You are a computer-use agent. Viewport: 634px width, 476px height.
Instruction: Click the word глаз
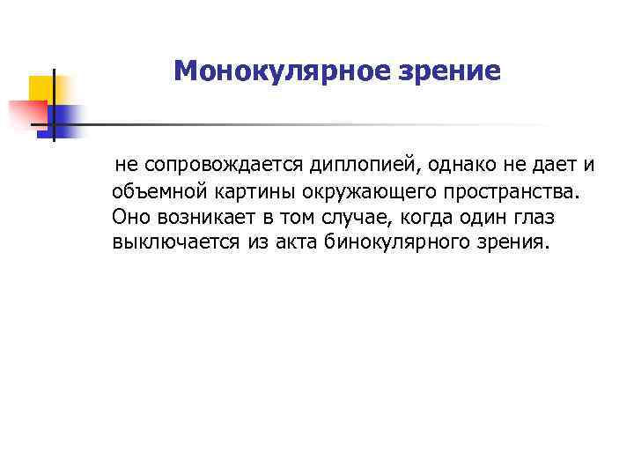(x=530, y=216)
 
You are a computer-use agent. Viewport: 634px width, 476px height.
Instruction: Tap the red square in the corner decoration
(x=24, y=115)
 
